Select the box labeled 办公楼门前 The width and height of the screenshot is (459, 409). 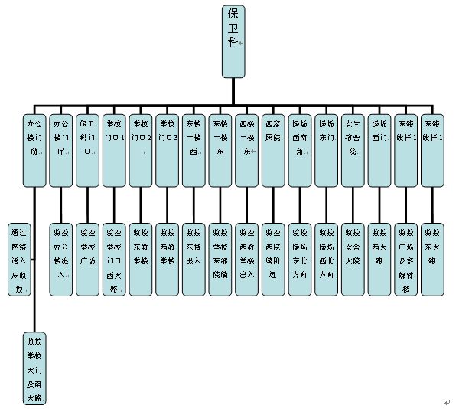[x=34, y=150]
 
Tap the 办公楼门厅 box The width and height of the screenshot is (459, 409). [x=60, y=150]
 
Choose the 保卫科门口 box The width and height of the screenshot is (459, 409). [x=87, y=150]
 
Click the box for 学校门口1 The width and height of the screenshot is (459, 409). [x=114, y=150]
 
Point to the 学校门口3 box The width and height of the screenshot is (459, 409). [x=167, y=150]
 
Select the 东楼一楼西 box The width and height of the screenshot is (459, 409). [x=194, y=150]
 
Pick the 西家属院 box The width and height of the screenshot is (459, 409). [x=273, y=150]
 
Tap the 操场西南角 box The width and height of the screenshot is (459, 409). [x=300, y=150]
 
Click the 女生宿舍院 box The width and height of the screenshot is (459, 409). [x=353, y=150]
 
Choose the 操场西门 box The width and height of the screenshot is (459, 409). [x=379, y=150]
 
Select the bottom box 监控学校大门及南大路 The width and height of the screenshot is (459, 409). [x=34, y=368]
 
